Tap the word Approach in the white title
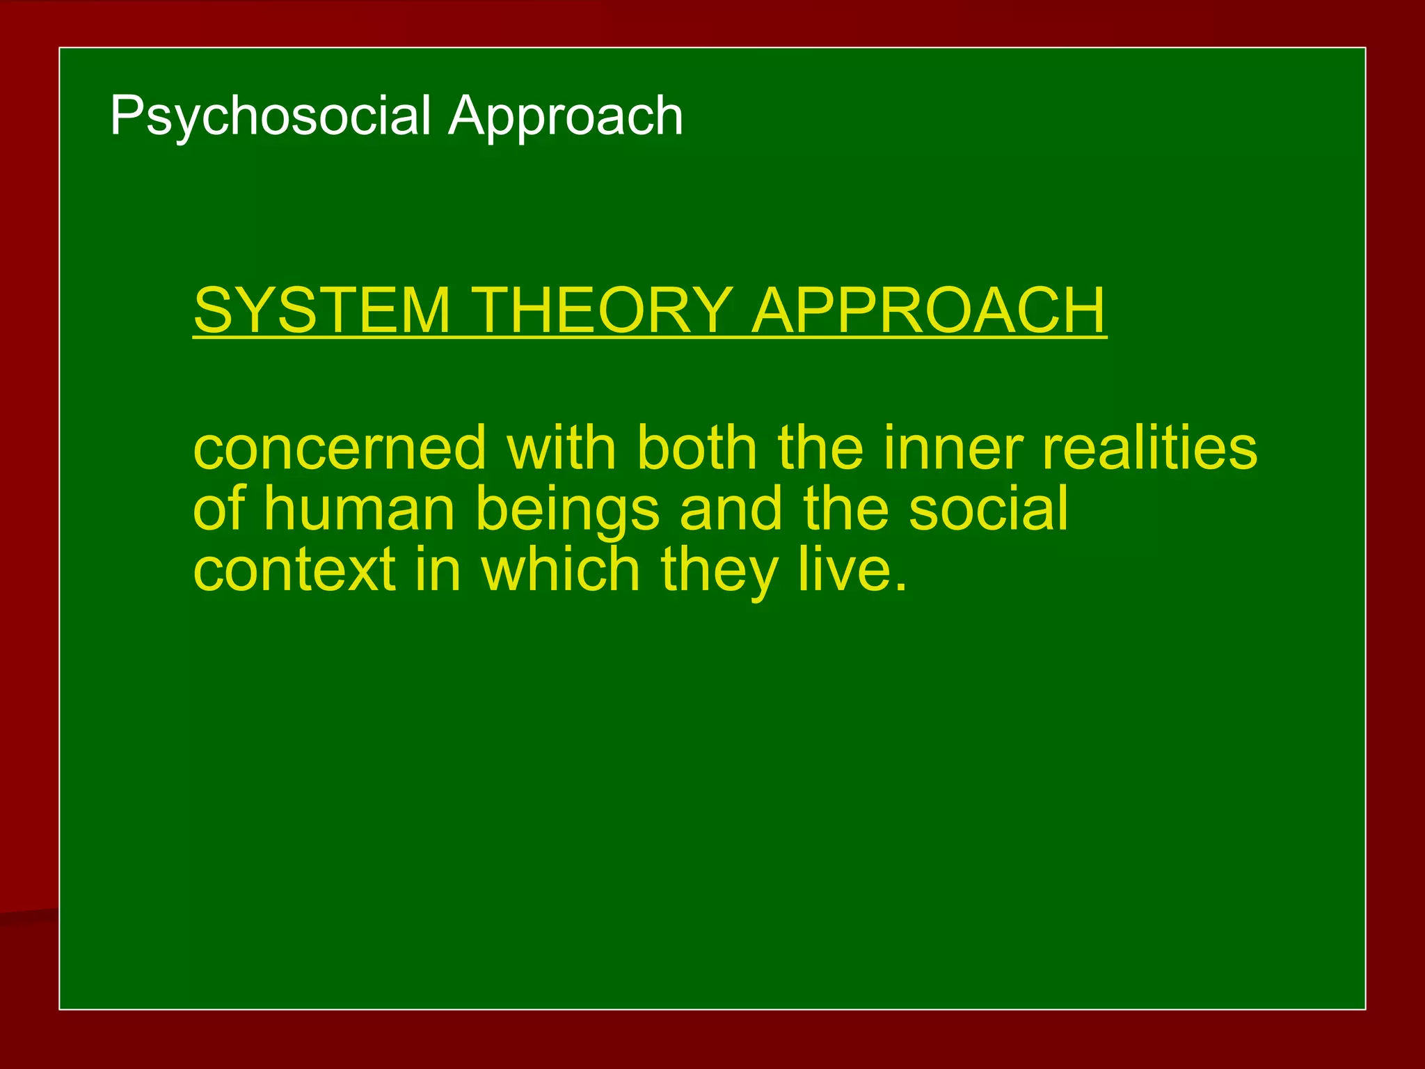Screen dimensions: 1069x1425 (x=565, y=116)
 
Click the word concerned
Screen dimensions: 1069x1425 (x=340, y=449)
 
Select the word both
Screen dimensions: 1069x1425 (x=696, y=449)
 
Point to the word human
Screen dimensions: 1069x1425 (x=359, y=509)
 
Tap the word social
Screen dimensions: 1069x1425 (x=988, y=509)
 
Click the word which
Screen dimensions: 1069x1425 (x=561, y=569)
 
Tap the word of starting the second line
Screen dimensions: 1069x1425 (x=218, y=509)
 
